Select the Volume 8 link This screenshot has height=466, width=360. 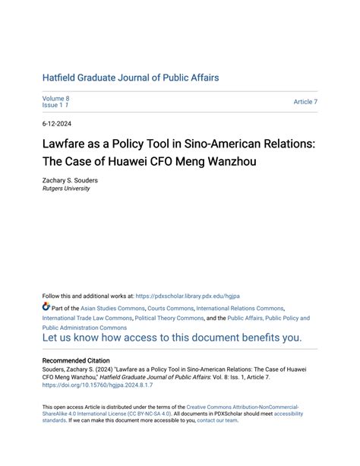pos(55,99)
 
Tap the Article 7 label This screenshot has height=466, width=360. pos(305,102)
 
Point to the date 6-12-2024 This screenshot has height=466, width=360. pos(58,123)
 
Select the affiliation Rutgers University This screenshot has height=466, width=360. pos(66,189)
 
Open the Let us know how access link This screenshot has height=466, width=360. pos(172,338)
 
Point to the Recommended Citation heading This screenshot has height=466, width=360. pos(76,360)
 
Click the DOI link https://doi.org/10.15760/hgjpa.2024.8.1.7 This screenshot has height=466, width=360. pos(97,385)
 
